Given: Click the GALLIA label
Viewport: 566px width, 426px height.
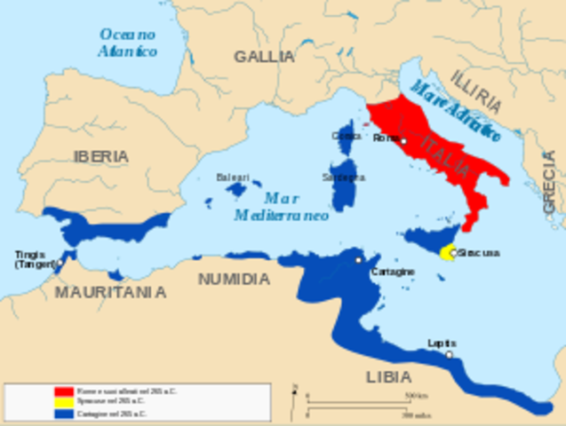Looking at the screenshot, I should [x=264, y=57].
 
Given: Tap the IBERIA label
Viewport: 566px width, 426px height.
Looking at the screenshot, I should [x=100, y=156].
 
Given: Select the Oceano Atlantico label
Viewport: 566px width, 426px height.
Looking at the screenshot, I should [x=128, y=43].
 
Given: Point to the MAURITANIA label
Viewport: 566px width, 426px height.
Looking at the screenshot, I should [x=110, y=291].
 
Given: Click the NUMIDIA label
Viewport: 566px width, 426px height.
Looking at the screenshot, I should [x=234, y=279].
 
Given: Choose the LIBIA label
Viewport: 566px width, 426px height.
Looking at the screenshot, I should [x=388, y=376].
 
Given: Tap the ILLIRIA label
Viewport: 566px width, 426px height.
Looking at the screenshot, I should [x=476, y=92].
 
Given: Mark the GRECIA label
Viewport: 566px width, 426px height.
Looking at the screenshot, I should [x=548, y=183].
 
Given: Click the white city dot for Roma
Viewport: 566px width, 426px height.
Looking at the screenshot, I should [x=403, y=140].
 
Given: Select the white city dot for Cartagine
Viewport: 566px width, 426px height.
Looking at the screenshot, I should [x=358, y=260].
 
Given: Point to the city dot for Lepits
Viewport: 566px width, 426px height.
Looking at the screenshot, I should [x=449, y=354].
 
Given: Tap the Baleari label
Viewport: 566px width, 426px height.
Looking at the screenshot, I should [x=233, y=177].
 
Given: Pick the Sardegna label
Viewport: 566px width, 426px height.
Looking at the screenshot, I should [x=347, y=177].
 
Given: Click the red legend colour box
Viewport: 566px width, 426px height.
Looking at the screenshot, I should [x=63, y=391].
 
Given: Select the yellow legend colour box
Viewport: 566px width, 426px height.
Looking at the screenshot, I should [x=63, y=402].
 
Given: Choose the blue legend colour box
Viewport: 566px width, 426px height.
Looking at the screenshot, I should [x=63, y=413].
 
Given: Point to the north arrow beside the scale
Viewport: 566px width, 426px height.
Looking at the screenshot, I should [x=294, y=390].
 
